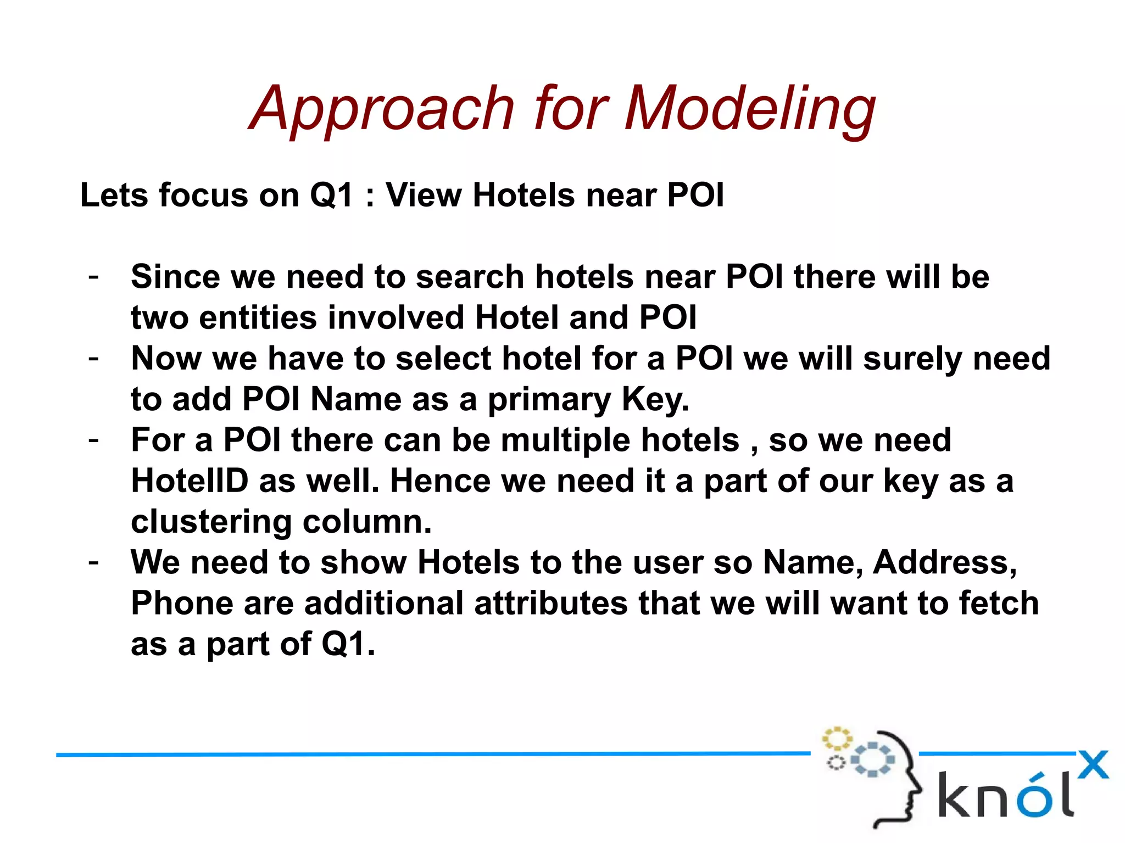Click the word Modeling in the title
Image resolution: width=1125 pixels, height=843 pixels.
(x=750, y=110)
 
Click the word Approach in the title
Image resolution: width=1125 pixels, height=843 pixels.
(x=382, y=110)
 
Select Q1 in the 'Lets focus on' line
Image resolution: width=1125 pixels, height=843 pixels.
(x=331, y=195)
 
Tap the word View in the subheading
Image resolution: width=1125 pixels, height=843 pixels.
(x=423, y=195)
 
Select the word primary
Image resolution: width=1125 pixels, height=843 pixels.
(x=549, y=400)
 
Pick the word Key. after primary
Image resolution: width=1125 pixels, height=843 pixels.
(x=655, y=400)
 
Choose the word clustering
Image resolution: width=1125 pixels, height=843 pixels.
(x=211, y=522)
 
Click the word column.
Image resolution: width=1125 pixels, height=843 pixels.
(x=367, y=522)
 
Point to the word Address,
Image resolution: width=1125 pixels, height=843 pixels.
(x=945, y=563)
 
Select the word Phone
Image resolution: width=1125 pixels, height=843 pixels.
(x=182, y=604)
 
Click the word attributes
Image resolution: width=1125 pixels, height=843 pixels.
(x=550, y=604)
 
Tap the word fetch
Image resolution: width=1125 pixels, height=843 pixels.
(x=999, y=604)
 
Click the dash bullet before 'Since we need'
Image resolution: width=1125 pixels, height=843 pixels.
(x=93, y=276)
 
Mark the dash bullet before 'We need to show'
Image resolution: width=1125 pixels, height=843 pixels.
(x=93, y=562)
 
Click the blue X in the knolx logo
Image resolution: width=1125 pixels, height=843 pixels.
(x=1093, y=764)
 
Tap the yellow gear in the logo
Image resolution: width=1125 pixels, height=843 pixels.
(x=837, y=739)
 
